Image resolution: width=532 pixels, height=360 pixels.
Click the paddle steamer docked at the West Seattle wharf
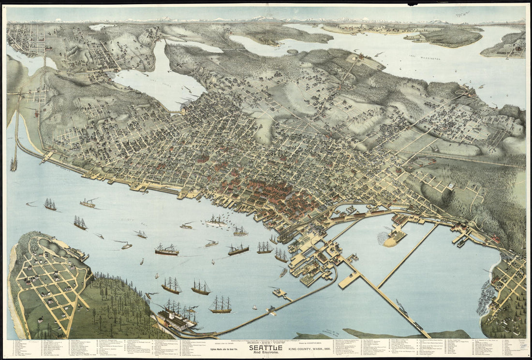pyautogui.click(x=177, y=319)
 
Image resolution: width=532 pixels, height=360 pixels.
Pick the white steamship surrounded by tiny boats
pyautogui.click(x=216, y=222)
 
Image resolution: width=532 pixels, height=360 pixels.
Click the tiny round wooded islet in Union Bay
pyautogui.click(x=292, y=51)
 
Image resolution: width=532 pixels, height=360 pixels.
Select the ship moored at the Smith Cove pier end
pyautogui.click(x=14, y=164)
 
